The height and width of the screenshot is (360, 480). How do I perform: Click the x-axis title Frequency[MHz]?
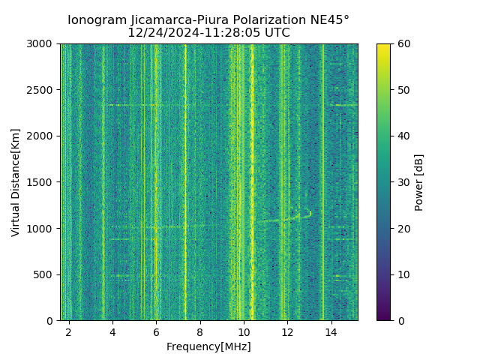point(208,346)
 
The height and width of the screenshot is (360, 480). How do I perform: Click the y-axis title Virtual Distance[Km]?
point(16,182)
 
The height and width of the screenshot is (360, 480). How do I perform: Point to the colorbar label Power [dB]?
point(419,182)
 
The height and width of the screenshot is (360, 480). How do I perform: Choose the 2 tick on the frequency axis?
point(69,331)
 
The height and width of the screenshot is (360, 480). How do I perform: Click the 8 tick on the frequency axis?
point(200,331)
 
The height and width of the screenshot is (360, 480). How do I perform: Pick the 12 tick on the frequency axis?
point(287,331)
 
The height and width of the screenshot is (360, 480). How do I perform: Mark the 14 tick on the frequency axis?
point(331,331)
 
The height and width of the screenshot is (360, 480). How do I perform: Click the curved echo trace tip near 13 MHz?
point(307,211)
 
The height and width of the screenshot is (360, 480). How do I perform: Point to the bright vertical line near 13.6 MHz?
point(322,180)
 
